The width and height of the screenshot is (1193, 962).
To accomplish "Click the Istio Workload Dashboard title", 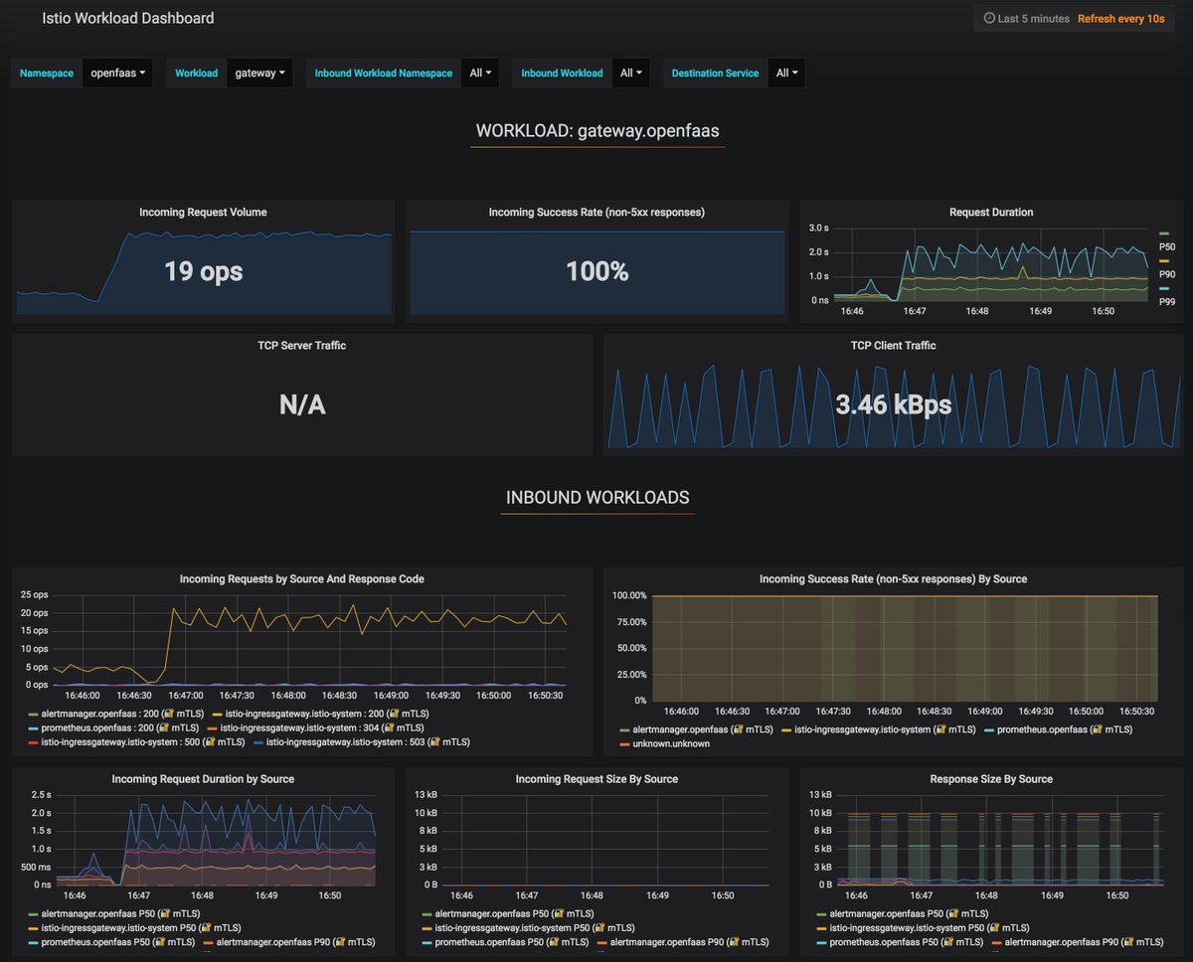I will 127,18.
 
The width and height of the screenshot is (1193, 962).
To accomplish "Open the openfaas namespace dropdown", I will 117,73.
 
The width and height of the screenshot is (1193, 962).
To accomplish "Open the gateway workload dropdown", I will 259,73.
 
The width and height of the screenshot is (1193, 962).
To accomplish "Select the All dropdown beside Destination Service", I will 786,73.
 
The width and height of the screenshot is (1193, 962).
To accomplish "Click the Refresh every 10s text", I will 1120,19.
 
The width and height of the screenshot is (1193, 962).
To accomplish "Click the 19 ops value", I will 203,270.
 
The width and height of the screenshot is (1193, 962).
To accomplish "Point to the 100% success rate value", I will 596,270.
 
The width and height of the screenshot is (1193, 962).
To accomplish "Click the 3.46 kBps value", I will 893,404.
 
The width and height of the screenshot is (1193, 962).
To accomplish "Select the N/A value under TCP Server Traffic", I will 302,404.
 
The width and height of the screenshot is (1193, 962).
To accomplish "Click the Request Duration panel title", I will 991,212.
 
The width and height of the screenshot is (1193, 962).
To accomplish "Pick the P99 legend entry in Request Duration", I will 1166,301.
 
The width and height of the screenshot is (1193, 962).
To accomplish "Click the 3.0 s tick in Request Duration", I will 818,229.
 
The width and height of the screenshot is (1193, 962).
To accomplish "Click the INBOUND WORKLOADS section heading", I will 596,498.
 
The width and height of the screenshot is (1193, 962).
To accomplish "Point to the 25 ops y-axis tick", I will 34,594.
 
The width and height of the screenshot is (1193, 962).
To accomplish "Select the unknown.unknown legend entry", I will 671,743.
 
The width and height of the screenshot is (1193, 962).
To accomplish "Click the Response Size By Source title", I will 990,779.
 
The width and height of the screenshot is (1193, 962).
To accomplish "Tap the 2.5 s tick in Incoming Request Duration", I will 41,794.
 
